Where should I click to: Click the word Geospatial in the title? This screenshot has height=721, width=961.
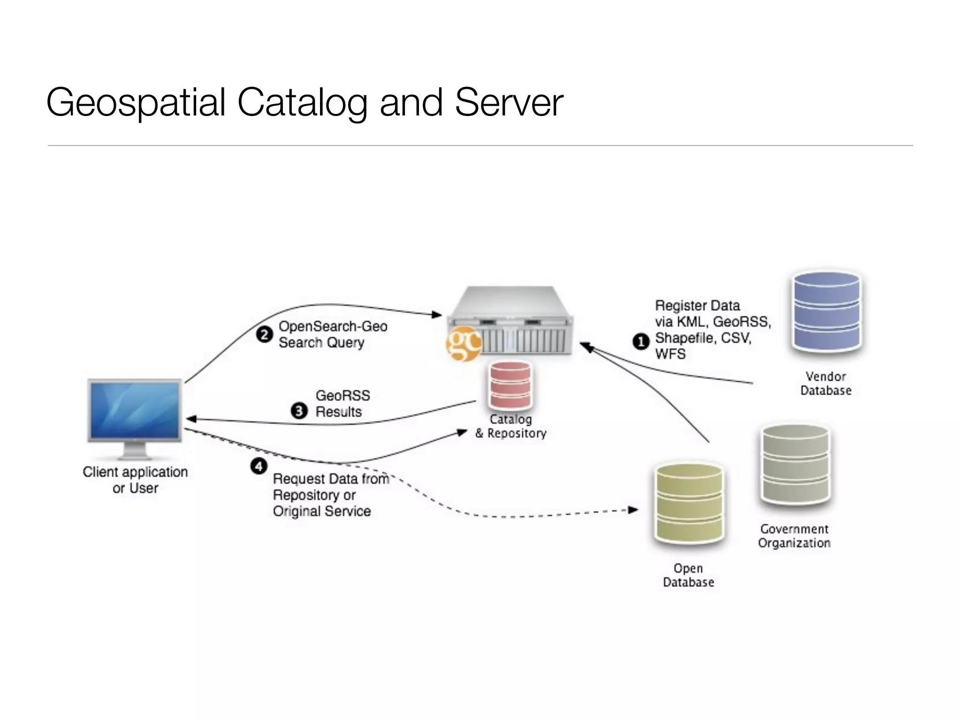[x=137, y=102]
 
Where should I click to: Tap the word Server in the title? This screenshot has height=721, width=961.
[x=509, y=102]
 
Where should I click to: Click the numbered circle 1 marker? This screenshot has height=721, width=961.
[x=641, y=341]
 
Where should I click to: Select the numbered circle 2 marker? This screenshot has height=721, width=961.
[x=264, y=335]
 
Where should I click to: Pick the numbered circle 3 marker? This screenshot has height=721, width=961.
[x=299, y=411]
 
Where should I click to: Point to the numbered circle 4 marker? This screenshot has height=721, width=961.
[x=259, y=467]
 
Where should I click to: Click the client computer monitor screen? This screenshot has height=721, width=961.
[x=135, y=409]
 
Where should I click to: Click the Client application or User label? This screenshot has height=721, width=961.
[x=135, y=480]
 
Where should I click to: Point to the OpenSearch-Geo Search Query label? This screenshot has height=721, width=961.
[x=332, y=334]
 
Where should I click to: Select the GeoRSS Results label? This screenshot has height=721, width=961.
[x=342, y=404]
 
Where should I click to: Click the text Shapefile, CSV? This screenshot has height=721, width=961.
[x=703, y=338]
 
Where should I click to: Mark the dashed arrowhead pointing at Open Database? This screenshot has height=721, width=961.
[x=633, y=509]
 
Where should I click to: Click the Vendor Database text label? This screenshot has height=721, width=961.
[x=825, y=384]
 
